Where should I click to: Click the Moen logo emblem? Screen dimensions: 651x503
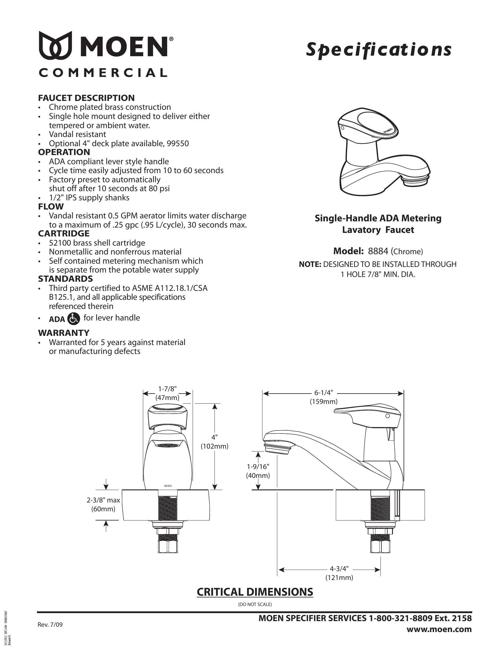click(55, 45)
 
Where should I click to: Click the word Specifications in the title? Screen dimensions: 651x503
click(378, 50)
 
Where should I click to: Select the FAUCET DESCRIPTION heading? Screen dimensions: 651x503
click(86, 98)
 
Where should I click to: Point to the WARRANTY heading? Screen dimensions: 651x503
click(64, 333)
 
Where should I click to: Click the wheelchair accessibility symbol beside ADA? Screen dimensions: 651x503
click(74, 319)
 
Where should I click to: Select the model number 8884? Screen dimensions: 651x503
click(378, 251)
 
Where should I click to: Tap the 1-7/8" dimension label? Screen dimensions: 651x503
click(167, 389)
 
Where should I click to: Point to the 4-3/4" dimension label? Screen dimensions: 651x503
click(339, 568)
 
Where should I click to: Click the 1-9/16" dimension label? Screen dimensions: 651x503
click(258, 466)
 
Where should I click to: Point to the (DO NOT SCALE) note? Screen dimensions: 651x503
click(255, 604)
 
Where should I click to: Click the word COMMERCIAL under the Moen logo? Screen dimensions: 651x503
click(103, 73)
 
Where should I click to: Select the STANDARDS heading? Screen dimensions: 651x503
click(65, 279)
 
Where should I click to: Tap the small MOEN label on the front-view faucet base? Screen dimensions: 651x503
click(168, 486)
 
